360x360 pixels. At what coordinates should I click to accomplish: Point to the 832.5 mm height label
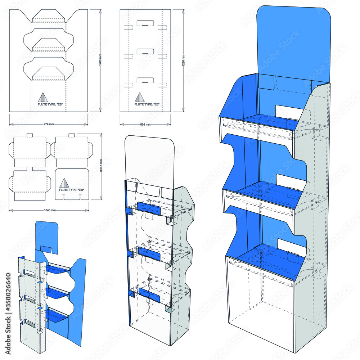[101, 170]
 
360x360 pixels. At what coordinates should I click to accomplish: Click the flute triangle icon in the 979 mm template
[43, 97]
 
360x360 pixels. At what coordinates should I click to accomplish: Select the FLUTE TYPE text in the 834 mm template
[147, 104]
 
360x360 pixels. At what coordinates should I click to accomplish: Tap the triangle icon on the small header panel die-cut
[64, 182]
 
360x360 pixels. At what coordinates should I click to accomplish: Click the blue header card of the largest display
[293, 40]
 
